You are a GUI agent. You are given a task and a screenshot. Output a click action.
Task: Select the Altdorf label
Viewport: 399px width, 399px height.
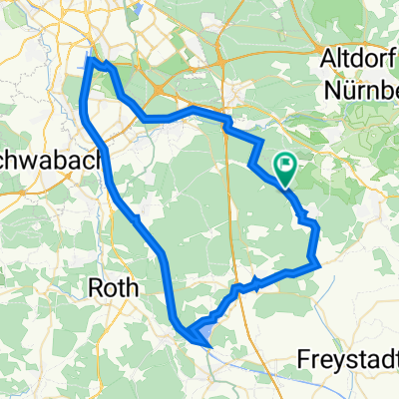(x=355, y=61)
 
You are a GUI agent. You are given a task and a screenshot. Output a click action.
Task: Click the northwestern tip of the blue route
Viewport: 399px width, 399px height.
(x=91, y=60)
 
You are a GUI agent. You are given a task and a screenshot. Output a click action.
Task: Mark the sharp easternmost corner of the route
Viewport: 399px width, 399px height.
(x=318, y=264)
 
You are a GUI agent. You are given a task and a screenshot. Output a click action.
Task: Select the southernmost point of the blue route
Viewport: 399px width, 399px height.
(x=208, y=346)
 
